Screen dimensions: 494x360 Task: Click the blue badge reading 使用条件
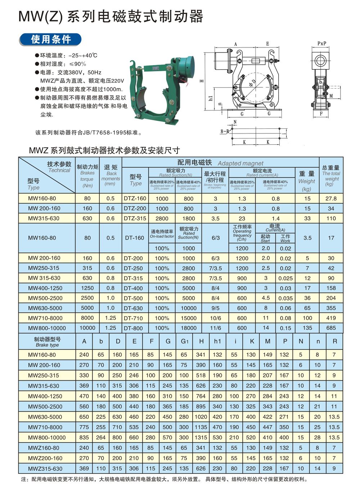pos(51,39)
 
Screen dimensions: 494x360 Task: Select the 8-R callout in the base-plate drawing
pos(225,132)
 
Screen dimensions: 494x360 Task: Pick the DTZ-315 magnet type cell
pos(135,218)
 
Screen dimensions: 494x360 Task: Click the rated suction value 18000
pos(188,328)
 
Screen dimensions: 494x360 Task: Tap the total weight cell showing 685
pos(331,328)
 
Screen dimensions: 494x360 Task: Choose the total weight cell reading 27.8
pos(331,198)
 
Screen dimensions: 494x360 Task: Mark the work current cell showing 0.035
pos(285,298)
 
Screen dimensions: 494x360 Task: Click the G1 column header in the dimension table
pos(184,341)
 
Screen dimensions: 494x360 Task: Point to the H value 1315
pos(201,438)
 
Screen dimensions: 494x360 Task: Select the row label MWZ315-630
pos(45,469)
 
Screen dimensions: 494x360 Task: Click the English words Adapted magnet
pos(240,163)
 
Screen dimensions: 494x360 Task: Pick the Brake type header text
pos(47,345)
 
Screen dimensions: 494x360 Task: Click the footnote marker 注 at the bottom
pos(24,479)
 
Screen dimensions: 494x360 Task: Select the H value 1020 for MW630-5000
pos(201,417)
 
